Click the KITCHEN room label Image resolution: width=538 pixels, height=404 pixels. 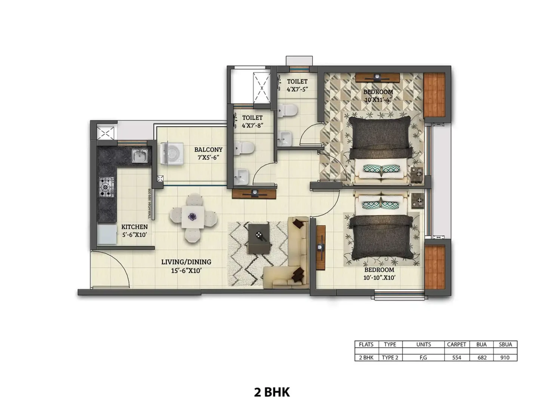(x=135, y=227)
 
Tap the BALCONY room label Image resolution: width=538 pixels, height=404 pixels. (x=208, y=150)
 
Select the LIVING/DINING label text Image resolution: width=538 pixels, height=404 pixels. (x=186, y=262)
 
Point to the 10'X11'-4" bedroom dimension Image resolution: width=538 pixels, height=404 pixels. (x=378, y=100)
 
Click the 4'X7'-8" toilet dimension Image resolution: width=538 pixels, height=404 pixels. (x=252, y=126)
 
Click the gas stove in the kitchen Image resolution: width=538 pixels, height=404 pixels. (x=107, y=187)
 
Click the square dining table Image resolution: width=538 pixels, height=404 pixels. (x=193, y=217)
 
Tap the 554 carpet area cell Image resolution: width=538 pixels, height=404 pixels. (x=456, y=357)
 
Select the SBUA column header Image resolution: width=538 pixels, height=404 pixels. (x=505, y=345)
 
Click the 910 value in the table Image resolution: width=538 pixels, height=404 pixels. (x=505, y=357)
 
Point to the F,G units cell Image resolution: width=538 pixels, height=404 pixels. (x=423, y=358)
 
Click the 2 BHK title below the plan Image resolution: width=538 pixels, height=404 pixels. (x=271, y=392)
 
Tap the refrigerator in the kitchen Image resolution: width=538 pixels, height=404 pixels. (x=107, y=235)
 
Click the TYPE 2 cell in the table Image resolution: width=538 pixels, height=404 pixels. (x=390, y=357)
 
